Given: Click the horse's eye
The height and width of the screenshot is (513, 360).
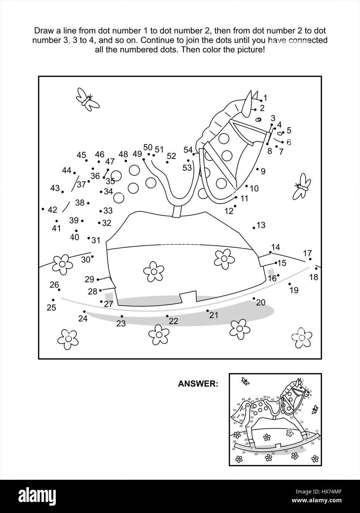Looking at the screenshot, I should click(x=258, y=119).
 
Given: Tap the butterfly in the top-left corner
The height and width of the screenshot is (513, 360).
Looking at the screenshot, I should click(x=87, y=99).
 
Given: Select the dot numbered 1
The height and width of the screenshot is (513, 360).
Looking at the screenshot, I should click(x=261, y=100).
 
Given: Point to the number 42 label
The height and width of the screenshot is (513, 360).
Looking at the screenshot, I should click(x=52, y=210).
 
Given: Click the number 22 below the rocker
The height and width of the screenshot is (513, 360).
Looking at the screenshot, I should click(x=173, y=321).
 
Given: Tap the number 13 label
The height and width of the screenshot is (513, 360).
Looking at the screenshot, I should click(x=261, y=225).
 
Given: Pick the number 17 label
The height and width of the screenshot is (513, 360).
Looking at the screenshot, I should click(x=307, y=253).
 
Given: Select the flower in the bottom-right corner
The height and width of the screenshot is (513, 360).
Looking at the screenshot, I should click(x=302, y=336).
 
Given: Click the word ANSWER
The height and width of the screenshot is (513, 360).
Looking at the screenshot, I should click(x=198, y=384).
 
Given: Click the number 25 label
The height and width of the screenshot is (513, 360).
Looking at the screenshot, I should click(x=51, y=307).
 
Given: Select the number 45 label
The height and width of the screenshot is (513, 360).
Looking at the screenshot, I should click(x=81, y=155).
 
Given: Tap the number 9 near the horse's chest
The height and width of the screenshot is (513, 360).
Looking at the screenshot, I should click(x=263, y=171).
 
